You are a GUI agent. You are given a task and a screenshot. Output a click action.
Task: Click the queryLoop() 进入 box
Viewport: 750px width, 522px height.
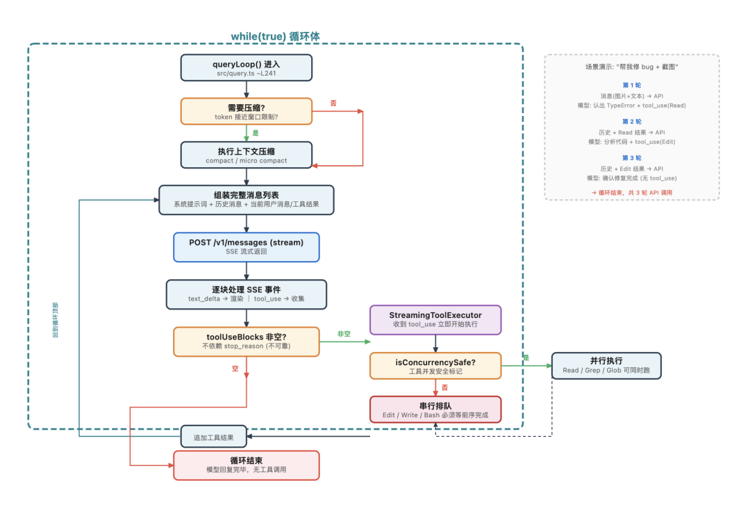[x=247, y=68]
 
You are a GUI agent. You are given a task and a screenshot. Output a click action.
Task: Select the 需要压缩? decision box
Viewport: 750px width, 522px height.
[x=247, y=111]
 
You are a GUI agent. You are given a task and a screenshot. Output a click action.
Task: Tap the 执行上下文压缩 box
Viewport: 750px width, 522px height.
[x=247, y=155]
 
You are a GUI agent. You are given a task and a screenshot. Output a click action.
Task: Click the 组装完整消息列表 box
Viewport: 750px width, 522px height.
[x=247, y=199]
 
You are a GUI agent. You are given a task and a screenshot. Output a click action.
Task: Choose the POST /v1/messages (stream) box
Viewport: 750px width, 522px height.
[x=247, y=246]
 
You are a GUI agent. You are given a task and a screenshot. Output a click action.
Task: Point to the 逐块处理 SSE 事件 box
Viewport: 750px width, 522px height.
[x=247, y=294]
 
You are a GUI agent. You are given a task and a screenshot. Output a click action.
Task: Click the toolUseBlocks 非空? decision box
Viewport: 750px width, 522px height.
[x=247, y=341]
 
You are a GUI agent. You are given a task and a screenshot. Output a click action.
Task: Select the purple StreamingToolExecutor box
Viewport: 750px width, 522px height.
[x=435, y=320]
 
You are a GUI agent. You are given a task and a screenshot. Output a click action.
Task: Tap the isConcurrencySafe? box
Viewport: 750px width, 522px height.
[x=435, y=366]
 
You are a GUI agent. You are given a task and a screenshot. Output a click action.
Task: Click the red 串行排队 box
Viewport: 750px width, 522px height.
[x=435, y=410]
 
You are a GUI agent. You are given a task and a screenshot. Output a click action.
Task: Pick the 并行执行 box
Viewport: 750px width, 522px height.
[x=606, y=365]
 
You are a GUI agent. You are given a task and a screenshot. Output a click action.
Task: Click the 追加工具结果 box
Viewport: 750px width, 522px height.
[x=214, y=437]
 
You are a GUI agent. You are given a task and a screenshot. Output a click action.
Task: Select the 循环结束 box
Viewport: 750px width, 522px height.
[x=247, y=465]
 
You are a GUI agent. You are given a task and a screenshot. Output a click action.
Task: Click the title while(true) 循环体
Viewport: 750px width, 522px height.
[x=275, y=36]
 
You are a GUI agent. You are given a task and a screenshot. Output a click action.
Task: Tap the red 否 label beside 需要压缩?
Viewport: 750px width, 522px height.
[x=333, y=103]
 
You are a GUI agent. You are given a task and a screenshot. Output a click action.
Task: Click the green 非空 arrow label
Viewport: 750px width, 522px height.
[x=344, y=333]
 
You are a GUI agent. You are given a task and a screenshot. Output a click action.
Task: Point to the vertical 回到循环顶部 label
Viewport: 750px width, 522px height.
[x=56, y=319]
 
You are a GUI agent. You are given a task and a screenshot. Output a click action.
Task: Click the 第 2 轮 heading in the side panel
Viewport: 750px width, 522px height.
[x=631, y=121]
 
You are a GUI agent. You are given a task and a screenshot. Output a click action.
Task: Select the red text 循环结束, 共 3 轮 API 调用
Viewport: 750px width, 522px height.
[x=631, y=192]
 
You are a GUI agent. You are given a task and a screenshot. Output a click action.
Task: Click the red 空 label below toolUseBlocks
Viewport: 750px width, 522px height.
[x=235, y=369]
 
